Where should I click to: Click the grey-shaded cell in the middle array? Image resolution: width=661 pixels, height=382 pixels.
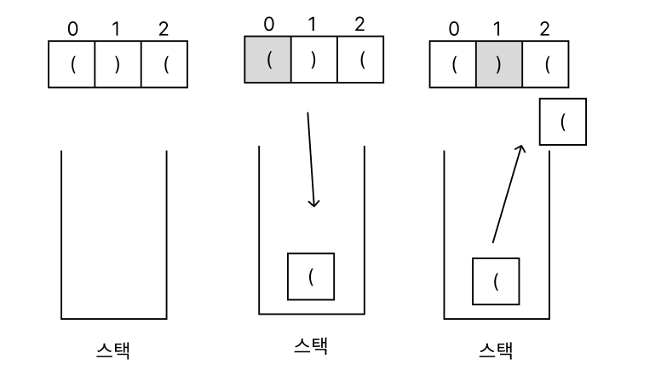[268, 60]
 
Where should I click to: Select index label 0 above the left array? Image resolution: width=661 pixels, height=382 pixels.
[72, 29]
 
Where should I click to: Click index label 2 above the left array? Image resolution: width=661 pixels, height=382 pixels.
[163, 29]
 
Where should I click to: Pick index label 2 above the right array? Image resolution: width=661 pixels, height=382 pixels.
[544, 29]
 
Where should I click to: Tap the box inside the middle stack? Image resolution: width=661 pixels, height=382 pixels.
[311, 275]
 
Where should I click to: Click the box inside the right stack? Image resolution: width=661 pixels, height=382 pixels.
[497, 280]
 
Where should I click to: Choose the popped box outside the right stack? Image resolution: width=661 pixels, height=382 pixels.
[562, 121]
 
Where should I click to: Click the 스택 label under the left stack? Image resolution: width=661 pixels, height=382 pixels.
[112, 350]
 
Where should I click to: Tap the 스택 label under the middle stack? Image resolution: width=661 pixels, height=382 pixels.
[309, 345]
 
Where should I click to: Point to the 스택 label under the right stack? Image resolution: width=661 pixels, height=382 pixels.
[497, 350]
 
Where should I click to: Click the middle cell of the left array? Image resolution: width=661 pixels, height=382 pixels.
[117, 63]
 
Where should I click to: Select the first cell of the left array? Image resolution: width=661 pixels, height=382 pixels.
[72, 63]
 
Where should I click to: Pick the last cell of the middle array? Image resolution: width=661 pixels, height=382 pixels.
[360, 60]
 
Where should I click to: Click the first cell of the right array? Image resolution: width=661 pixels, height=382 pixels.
[453, 63]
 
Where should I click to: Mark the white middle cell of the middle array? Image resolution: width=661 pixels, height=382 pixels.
[314, 60]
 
